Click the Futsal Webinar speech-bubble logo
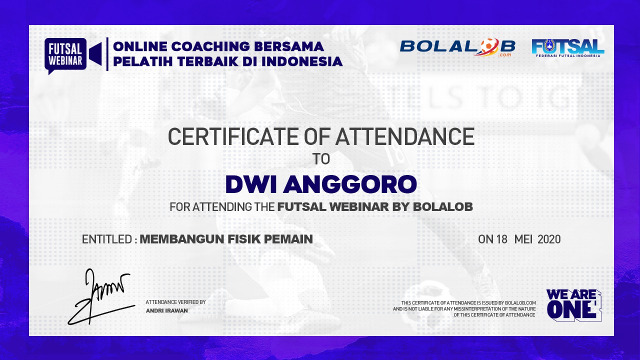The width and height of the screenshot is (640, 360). [65, 55]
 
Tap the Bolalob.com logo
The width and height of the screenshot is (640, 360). [457, 47]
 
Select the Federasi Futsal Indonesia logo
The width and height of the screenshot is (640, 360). [568, 48]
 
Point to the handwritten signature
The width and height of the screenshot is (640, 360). [100, 297]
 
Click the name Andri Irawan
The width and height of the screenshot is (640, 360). [167, 310]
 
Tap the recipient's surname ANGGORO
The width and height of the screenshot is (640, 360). [349, 184]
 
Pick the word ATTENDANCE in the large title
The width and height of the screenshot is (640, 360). [405, 136]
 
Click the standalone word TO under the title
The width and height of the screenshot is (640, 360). [321, 159]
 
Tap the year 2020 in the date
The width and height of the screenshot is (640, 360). [549, 239]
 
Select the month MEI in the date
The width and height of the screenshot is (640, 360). [523, 239]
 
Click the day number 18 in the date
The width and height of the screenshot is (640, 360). [501, 239]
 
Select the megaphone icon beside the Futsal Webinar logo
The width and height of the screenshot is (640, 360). [95, 53]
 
